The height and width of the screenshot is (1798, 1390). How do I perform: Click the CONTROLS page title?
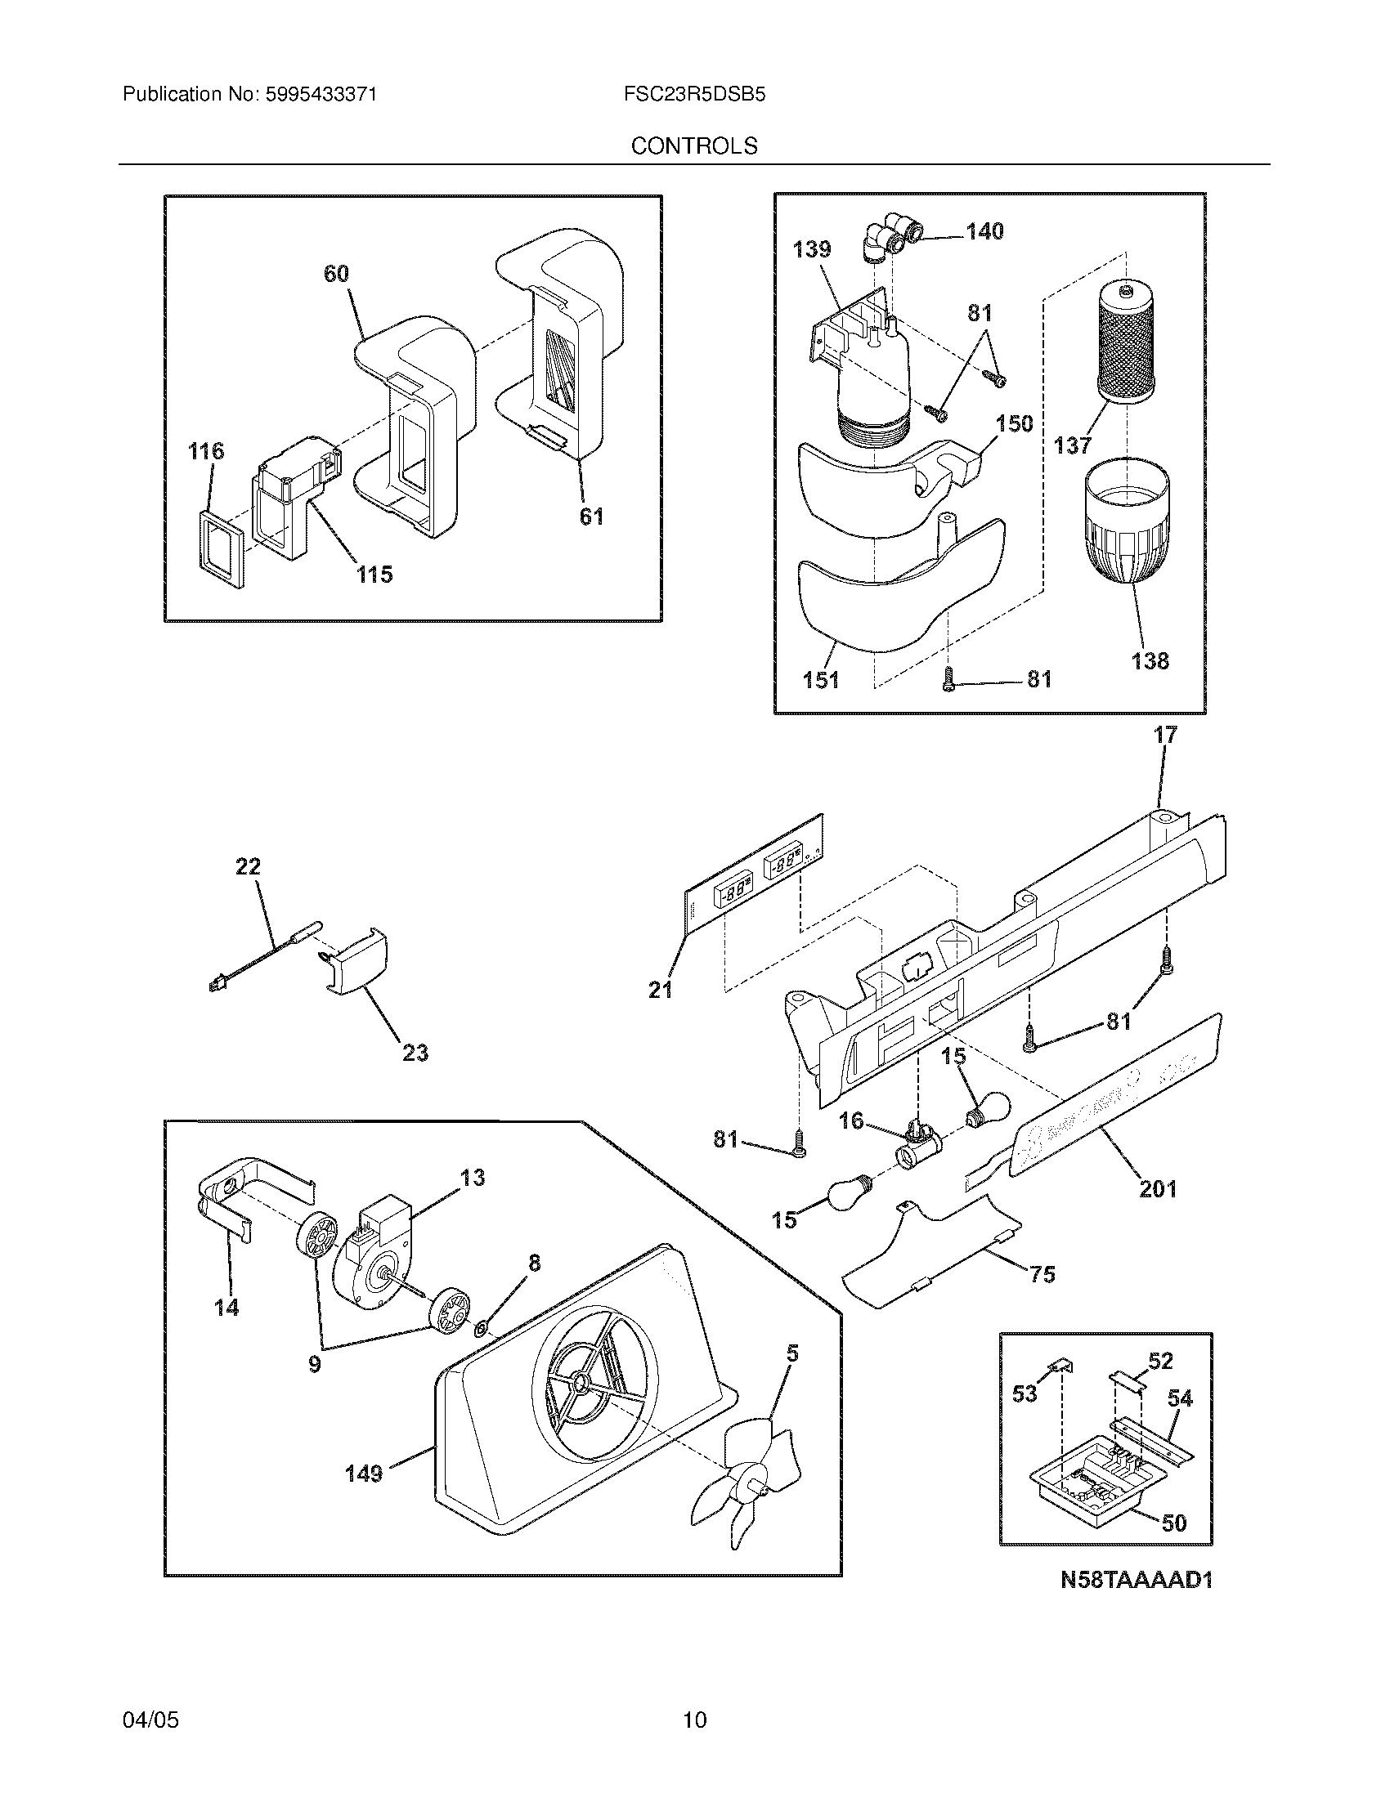(x=694, y=145)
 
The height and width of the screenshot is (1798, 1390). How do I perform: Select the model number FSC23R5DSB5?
(x=694, y=95)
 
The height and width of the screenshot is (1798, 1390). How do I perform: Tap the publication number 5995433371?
(x=321, y=95)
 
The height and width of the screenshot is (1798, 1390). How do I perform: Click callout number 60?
(x=336, y=274)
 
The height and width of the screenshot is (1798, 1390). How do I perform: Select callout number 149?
(x=364, y=1474)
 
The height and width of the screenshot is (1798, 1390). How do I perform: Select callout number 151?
(x=820, y=680)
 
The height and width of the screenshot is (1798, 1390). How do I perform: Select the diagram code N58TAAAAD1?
(x=1137, y=1580)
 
